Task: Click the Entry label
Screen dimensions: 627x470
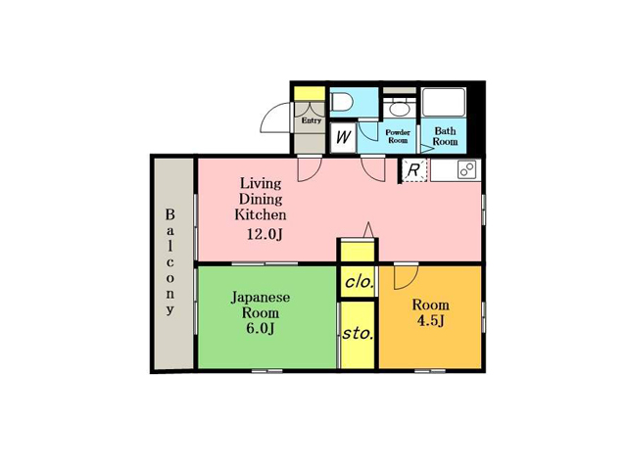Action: point(312,120)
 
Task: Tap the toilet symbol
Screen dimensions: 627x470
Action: point(341,102)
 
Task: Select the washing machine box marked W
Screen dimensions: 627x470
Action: point(343,137)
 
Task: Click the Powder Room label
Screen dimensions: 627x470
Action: point(398,136)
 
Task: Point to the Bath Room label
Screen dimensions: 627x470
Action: point(445,136)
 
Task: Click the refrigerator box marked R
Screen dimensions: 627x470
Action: point(413,170)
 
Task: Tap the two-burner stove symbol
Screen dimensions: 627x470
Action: point(467,169)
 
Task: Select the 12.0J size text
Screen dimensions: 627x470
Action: point(265,234)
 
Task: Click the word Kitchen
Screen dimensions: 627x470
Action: point(261,214)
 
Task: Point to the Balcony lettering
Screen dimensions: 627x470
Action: point(170,262)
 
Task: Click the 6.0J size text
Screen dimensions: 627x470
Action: point(261,329)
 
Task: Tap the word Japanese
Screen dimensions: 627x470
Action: point(261,298)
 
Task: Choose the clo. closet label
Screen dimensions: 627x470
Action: point(360,283)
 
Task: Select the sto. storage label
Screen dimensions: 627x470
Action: point(358,333)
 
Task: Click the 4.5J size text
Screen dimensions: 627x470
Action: point(431,321)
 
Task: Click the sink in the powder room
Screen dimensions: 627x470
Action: point(398,109)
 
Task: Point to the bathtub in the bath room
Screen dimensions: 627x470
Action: point(444,102)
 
